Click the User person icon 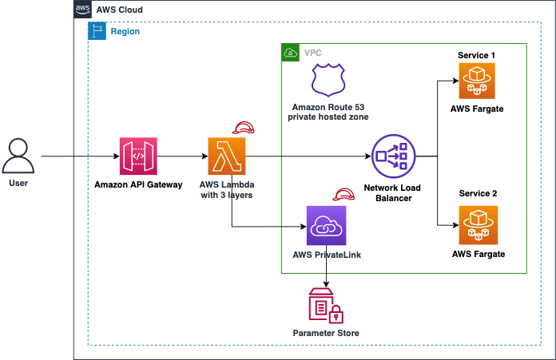click(18, 156)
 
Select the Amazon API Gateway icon click(138, 156)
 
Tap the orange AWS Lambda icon click(227, 156)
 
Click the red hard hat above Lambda click(243, 128)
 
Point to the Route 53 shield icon click(328, 80)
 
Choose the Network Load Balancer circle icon click(393, 156)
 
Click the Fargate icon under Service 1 click(477, 81)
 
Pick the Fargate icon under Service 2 click(479, 225)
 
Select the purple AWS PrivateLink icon click(326, 226)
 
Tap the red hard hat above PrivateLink click(344, 195)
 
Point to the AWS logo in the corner click(82, 9)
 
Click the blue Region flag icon click(97, 31)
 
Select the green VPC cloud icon click(291, 53)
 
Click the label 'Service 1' click(476, 55)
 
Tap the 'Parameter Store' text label click(326, 333)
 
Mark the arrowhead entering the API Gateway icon click(117, 156)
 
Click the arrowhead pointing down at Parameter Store click(326, 284)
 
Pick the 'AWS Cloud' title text click(120, 10)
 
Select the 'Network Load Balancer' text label click(392, 192)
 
